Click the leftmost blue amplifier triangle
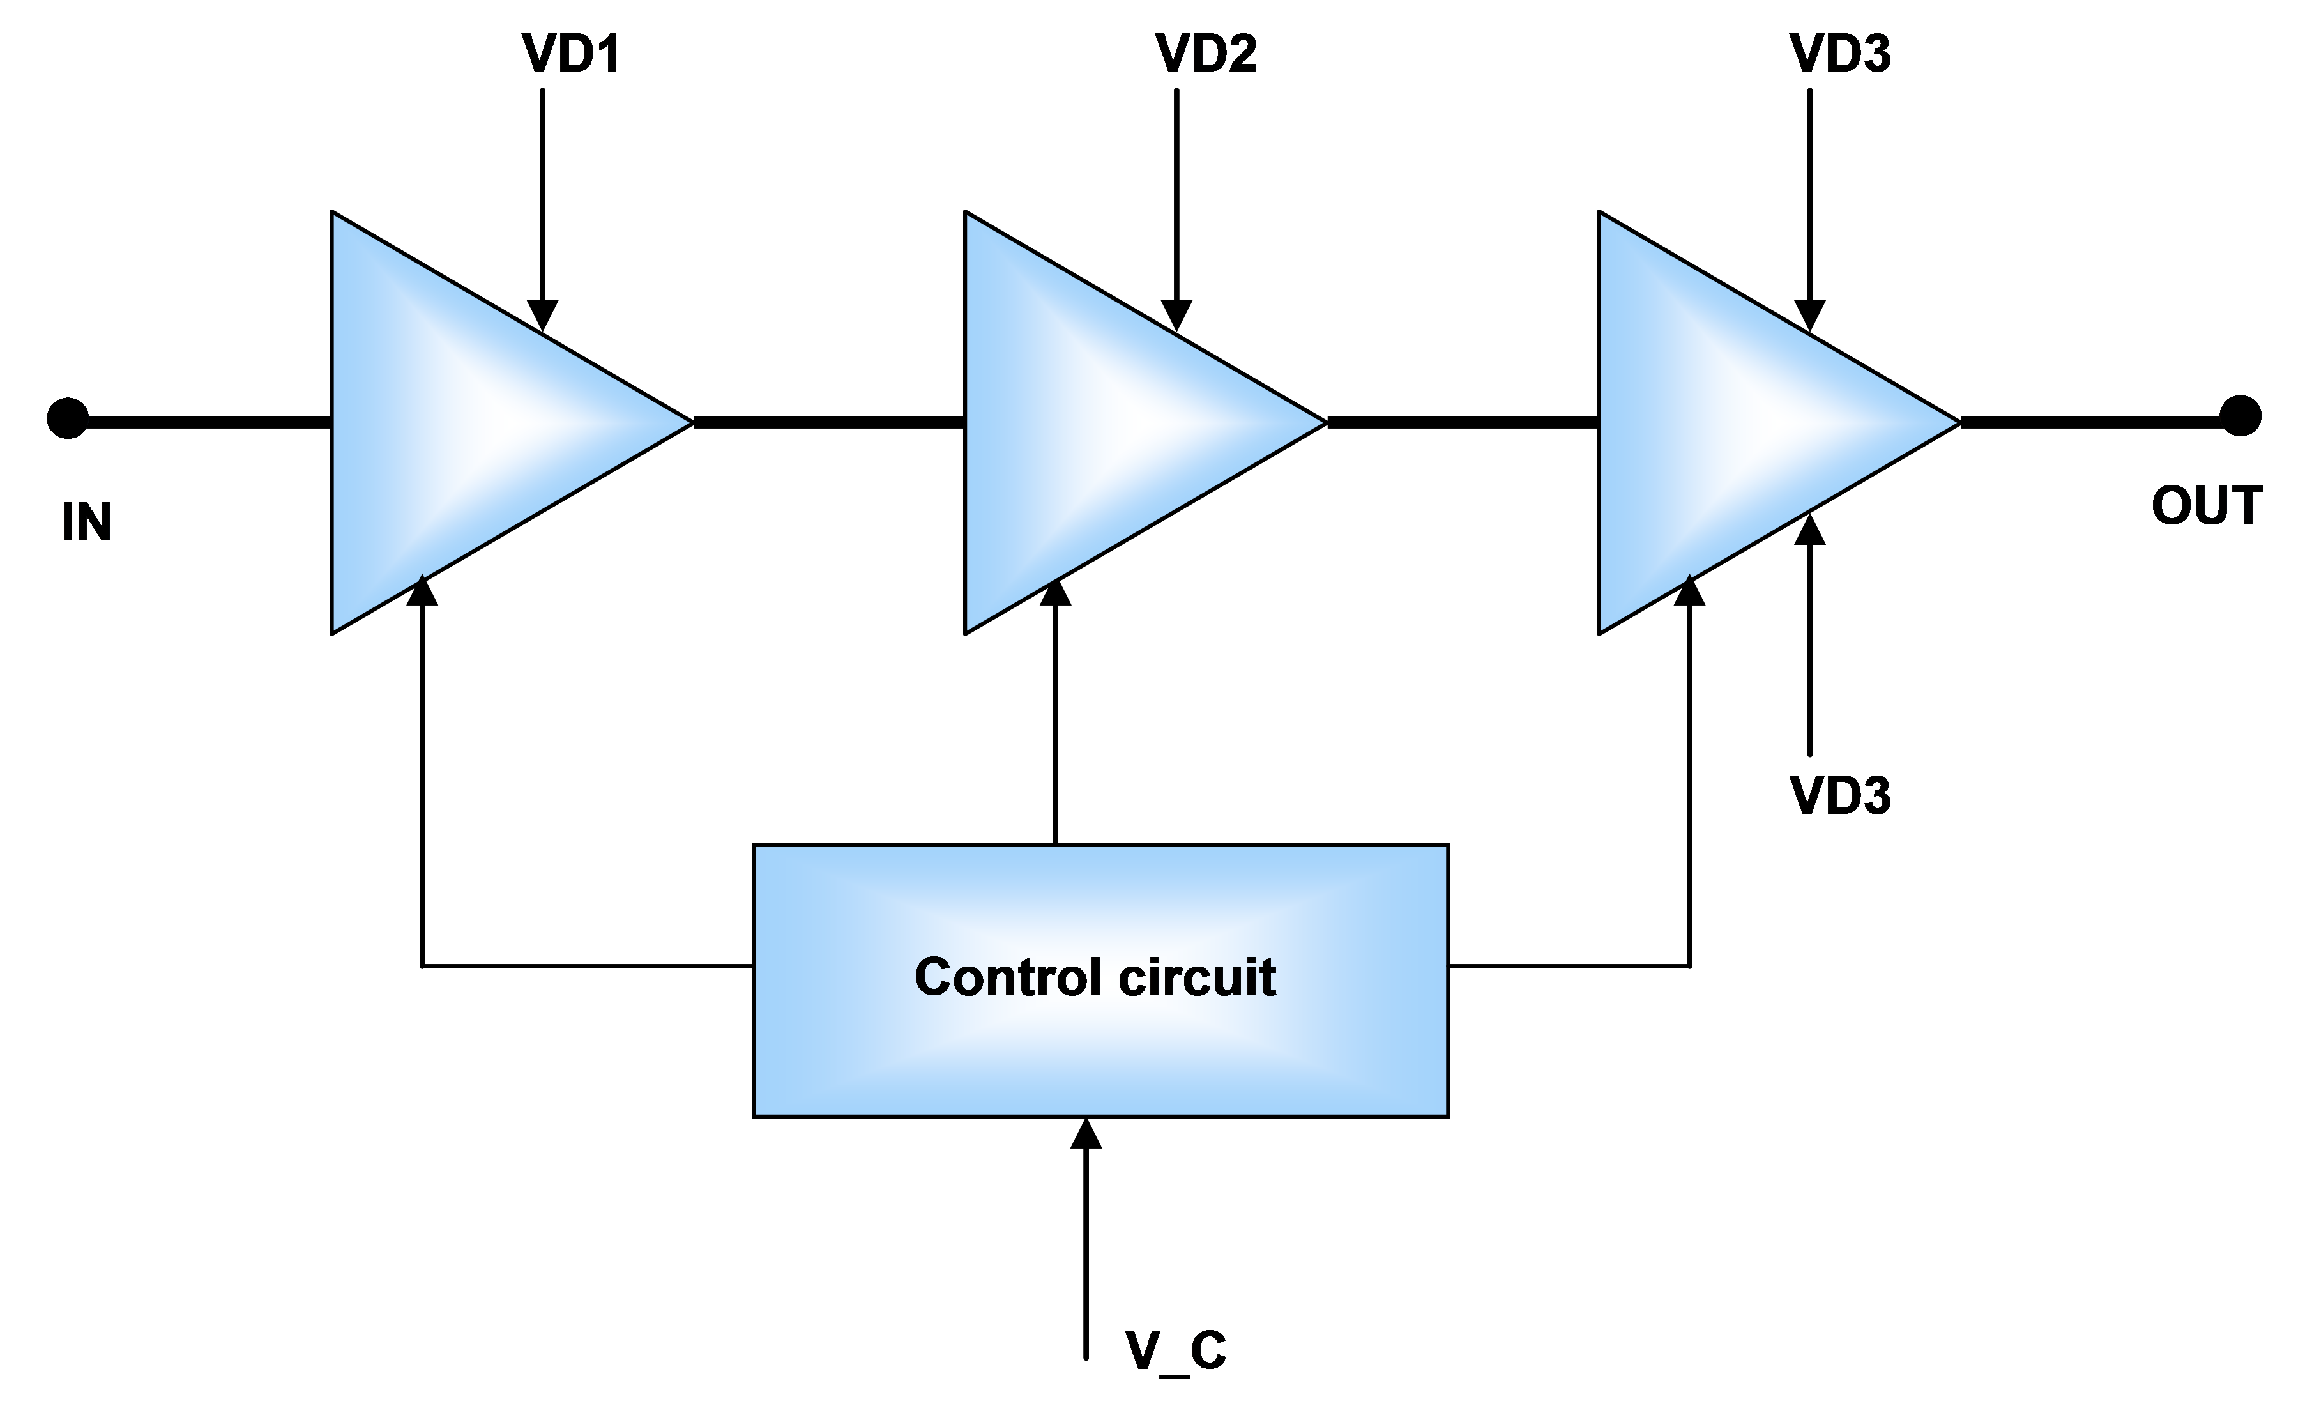click(469, 422)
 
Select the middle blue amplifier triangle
click(1102, 422)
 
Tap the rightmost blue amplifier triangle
click(1736, 422)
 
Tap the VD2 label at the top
click(1206, 54)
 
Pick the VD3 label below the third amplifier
click(1839, 796)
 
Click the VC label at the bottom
click(1175, 1352)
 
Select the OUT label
click(2203, 507)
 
